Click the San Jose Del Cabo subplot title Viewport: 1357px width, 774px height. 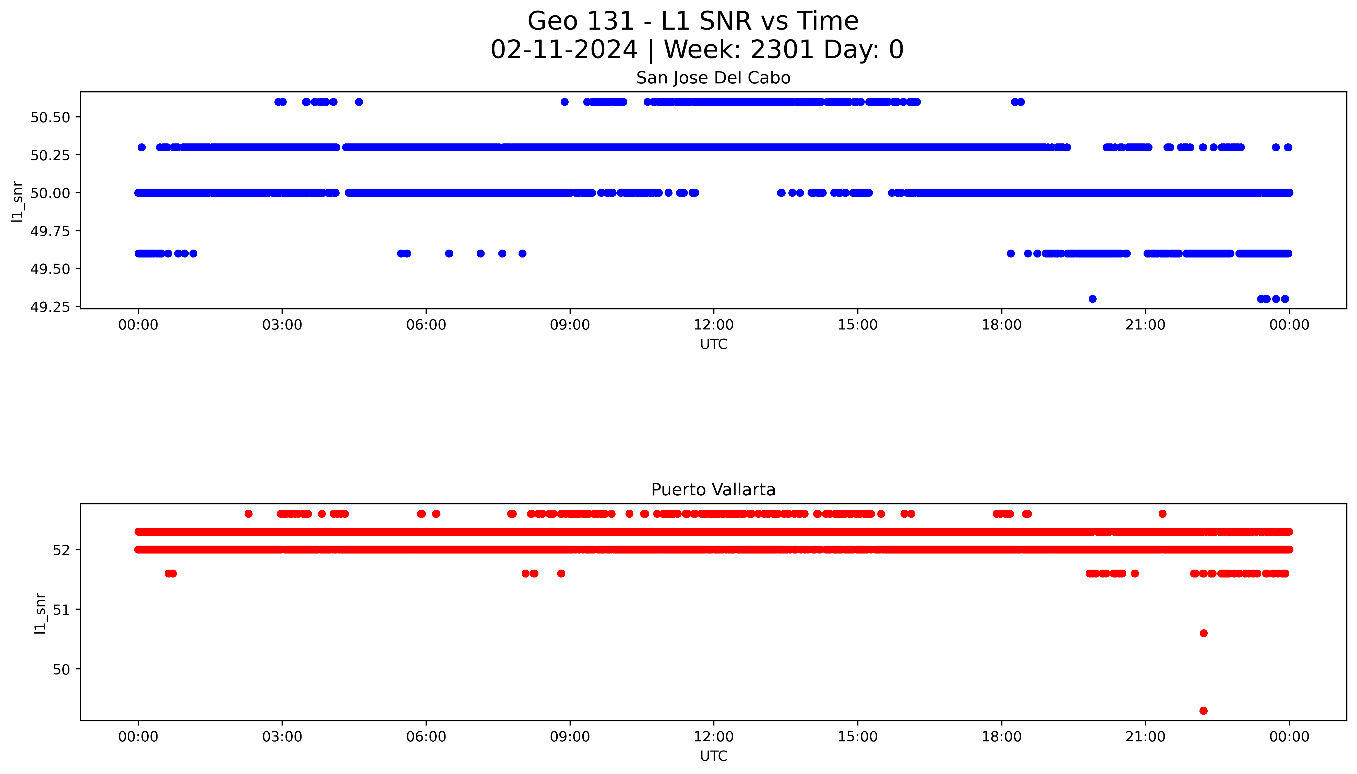pos(713,78)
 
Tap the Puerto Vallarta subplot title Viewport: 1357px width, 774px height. pos(713,490)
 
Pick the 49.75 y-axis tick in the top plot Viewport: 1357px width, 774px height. pos(51,231)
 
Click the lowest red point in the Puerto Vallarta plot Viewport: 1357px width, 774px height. pos(1203,711)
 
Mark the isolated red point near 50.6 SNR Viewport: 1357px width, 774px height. pos(1203,633)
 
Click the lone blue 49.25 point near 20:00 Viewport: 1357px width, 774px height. pos(1092,299)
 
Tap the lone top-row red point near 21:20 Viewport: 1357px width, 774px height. pos(1162,513)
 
